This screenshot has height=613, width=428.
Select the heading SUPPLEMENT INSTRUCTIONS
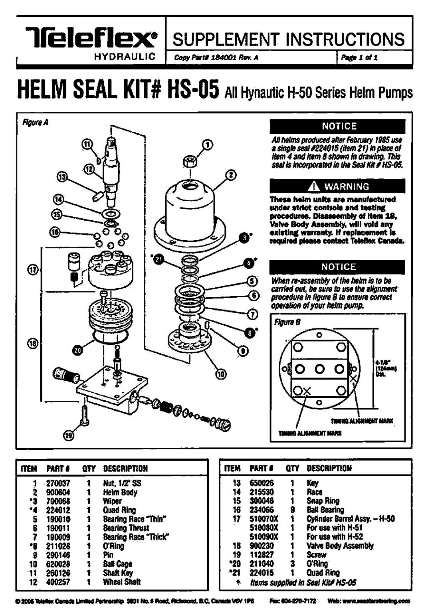click(289, 39)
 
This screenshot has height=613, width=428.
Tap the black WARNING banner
click(338, 186)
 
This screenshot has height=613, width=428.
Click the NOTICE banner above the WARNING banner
click(338, 127)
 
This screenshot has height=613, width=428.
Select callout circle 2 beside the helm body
click(231, 175)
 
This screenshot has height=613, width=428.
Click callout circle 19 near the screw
click(69, 436)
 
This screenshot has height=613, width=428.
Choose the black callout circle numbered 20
click(77, 350)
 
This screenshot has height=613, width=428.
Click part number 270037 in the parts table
click(58, 483)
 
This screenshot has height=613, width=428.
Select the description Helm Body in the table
click(120, 492)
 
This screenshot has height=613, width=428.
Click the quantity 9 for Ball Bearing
click(293, 510)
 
